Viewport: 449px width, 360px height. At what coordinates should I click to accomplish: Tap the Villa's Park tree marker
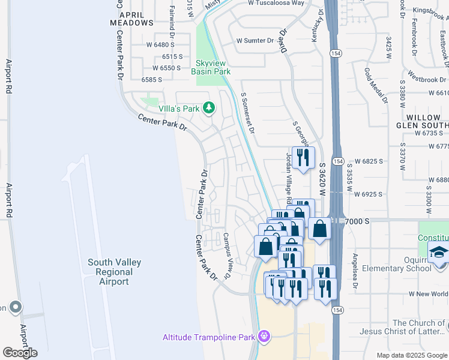coord(209,108)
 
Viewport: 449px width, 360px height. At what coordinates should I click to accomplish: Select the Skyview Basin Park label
coord(211,67)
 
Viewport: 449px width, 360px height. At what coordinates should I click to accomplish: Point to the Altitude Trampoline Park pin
coord(263,337)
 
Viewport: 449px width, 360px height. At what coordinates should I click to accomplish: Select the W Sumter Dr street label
coord(255,41)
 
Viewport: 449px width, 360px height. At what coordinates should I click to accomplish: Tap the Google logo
coord(20,353)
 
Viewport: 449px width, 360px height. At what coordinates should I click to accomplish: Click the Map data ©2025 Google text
coord(412,355)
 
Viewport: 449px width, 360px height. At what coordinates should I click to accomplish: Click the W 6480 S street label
coord(155,44)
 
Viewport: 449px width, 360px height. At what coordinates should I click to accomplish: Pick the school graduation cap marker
coord(438,253)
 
